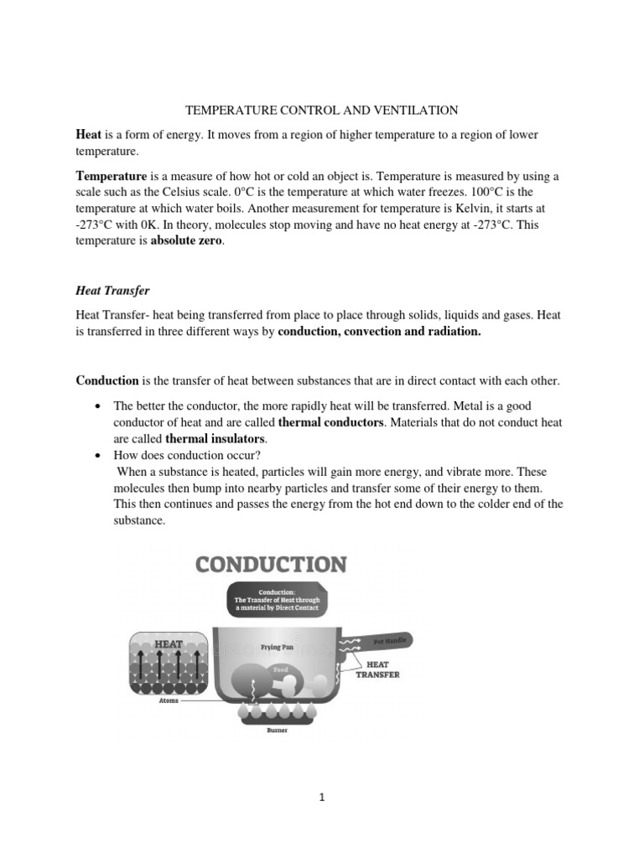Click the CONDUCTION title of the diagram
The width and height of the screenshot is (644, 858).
271,564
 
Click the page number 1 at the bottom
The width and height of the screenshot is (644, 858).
322,798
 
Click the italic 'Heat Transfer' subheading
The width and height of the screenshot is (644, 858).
112,290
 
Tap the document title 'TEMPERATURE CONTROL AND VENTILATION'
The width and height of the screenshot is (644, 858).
321,110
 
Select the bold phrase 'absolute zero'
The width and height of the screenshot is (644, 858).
188,240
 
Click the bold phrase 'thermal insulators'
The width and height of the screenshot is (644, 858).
216,438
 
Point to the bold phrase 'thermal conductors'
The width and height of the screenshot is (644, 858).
330,421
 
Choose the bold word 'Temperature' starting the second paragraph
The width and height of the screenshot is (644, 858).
112,177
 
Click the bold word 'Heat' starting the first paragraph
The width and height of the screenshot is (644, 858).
89,135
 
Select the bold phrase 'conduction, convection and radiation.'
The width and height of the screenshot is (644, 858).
380,331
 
